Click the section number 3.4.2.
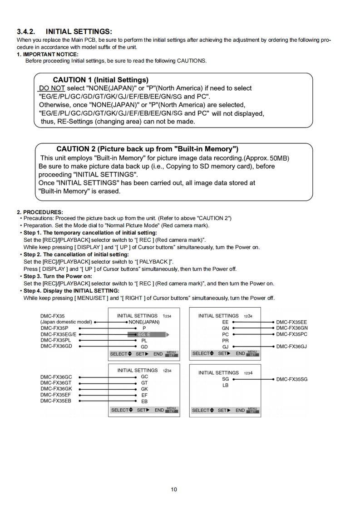coord(26,32)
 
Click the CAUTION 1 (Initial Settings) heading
coord(100,80)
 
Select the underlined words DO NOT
coord(52,88)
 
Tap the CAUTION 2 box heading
coord(148,149)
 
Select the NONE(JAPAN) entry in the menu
coord(144,322)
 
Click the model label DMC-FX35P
coord(54,328)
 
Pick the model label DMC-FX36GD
coord(56,346)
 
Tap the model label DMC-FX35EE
coord(291,322)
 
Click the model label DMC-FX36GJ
coord(292,346)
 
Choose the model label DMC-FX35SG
coord(292,379)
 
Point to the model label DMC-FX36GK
coord(56,389)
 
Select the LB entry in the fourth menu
coord(225,385)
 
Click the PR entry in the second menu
coord(225,340)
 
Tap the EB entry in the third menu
coord(144,401)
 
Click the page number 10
coord(174,489)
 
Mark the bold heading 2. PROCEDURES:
coord(40,212)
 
